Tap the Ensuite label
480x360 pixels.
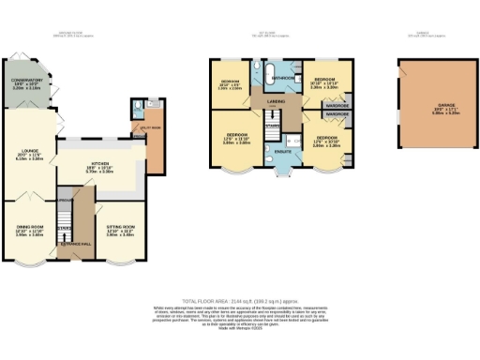click(281, 151)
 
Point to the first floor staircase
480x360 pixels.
click(275, 127)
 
